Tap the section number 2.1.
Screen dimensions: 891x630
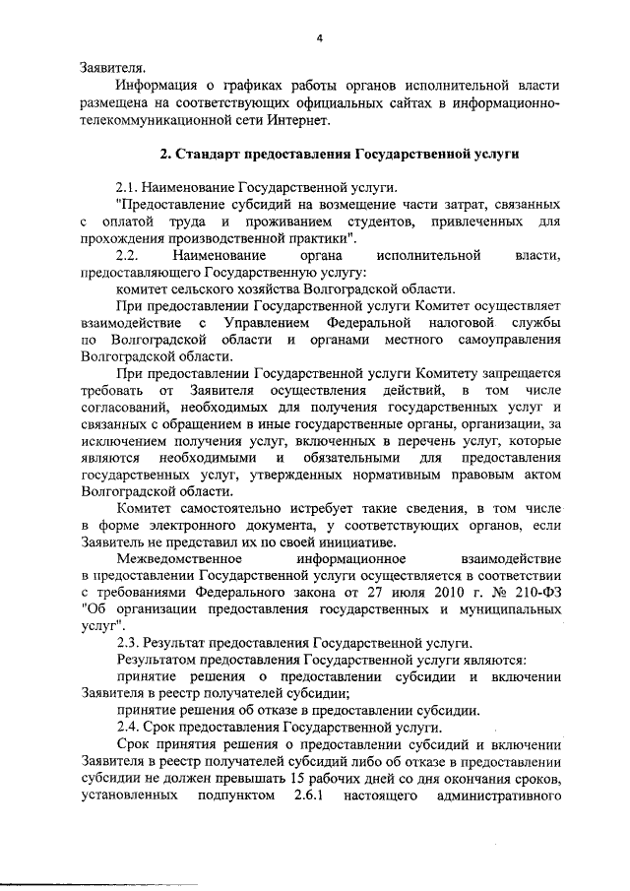coord(130,186)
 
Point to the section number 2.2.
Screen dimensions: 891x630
coord(130,256)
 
